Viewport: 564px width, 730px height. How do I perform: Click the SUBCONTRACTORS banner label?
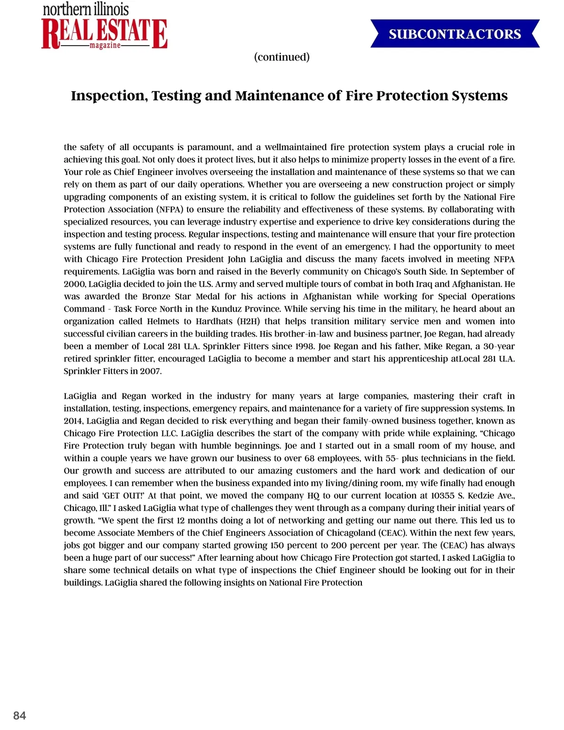(454, 34)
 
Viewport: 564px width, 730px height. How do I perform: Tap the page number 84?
(20, 715)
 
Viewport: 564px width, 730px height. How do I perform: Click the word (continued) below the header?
(282, 57)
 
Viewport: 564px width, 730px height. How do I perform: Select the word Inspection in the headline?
(108, 95)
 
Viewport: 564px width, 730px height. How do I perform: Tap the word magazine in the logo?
(105, 46)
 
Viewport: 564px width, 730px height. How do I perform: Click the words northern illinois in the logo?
(86, 9)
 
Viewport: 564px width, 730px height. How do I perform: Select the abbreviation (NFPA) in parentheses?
(170, 209)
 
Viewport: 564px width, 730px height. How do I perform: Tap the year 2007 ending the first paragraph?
(150, 371)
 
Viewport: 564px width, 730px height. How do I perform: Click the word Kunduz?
(229, 309)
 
